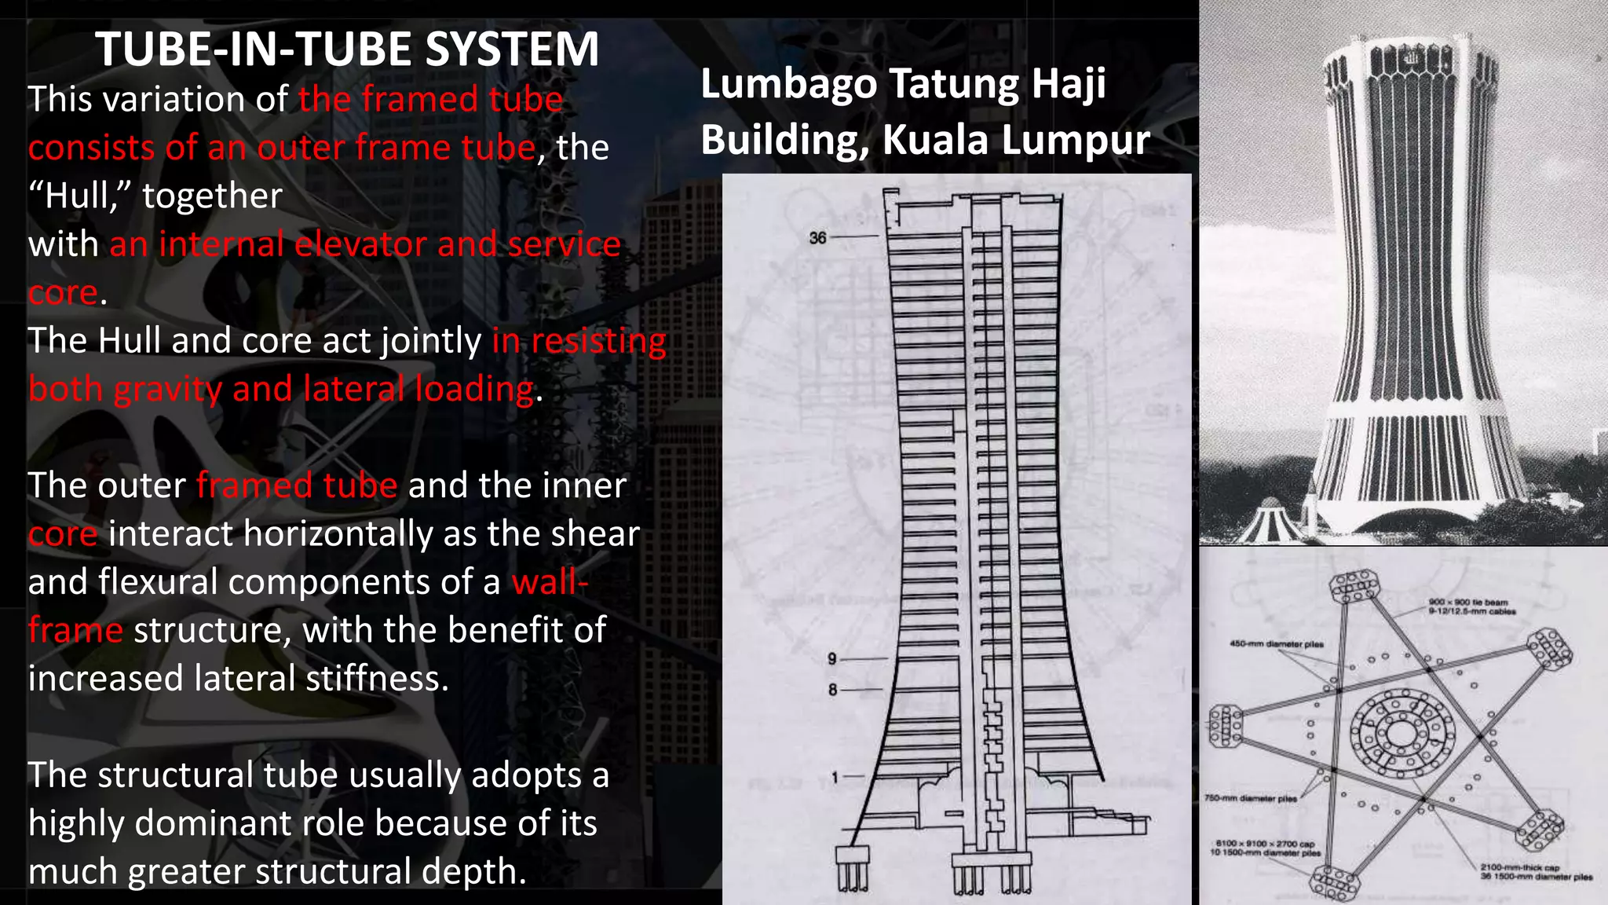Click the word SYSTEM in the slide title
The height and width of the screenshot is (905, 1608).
pos(512,49)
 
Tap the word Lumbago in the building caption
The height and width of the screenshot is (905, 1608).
pos(788,84)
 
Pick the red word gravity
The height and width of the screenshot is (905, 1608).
pos(167,390)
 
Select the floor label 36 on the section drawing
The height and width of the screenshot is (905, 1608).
pos(817,237)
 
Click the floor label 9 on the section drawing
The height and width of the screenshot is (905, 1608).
pos(832,658)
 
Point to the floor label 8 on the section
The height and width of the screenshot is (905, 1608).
pos(832,690)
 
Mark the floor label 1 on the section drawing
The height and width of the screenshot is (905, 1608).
pos(835,777)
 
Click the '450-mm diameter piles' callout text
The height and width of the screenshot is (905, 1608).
pos(1276,644)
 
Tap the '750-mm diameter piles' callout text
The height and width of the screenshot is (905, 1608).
pos(1250,798)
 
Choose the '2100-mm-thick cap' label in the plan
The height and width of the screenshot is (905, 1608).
pos(1519,868)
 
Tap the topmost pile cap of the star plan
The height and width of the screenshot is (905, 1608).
pos(1354,586)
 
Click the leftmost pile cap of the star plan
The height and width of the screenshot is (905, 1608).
pos(1225,724)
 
